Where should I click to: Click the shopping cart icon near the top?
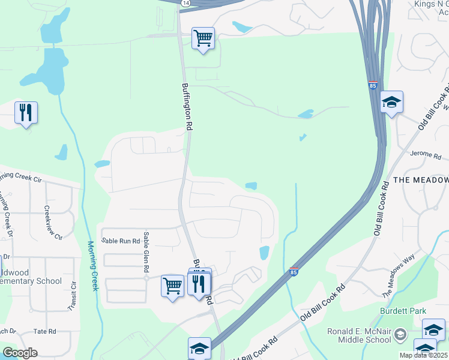203,38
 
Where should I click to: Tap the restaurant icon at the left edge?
26,112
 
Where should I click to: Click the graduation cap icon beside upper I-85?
391,102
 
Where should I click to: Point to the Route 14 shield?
185,3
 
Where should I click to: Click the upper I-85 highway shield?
373,86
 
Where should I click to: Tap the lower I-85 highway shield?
294,271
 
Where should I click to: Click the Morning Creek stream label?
92,266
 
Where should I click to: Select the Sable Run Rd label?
121,241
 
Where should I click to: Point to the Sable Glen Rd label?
145,255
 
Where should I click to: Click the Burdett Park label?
403,311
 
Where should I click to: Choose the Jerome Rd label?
426,154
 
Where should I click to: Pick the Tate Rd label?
44,331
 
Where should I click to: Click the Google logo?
20,353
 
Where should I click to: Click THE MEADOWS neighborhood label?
420,180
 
